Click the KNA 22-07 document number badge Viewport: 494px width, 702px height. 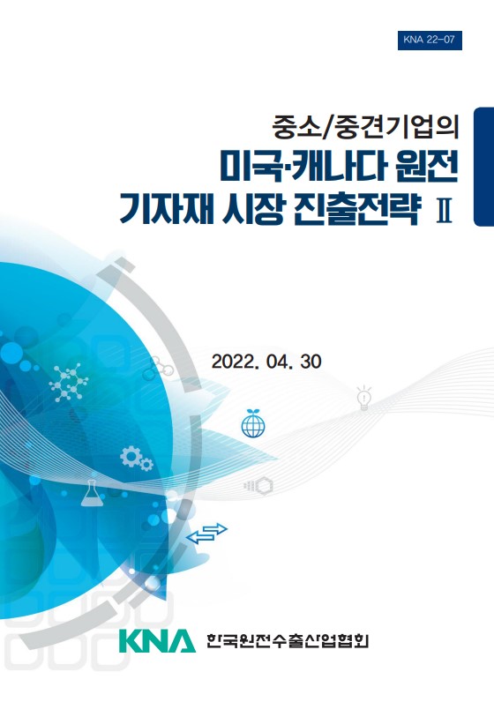(430, 40)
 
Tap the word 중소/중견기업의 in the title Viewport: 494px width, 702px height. (366, 127)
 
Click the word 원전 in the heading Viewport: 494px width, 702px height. (427, 167)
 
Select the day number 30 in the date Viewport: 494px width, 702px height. (311, 362)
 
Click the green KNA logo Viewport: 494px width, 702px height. (157, 640)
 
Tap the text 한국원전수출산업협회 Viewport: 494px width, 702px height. (287, 640)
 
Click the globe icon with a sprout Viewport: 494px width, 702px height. (253, 422)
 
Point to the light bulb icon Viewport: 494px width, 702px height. (363, 398)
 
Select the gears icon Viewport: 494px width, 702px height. (137, 458)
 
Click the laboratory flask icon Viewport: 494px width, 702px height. (92, 493)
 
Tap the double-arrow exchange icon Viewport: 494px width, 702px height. (206, 534)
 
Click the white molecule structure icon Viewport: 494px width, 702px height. (69, 383)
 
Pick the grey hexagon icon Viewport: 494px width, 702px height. (264, 486)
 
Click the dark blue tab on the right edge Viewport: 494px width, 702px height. (484, 167)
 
